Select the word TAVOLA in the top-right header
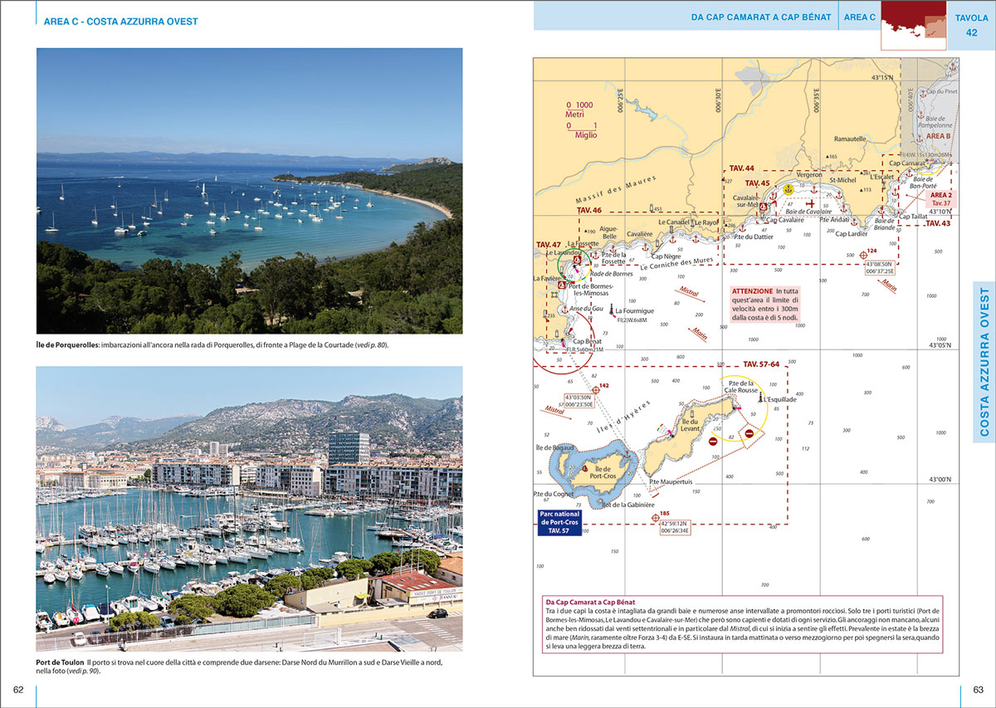[x=971, y=17]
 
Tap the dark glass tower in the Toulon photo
[x=349, y=448]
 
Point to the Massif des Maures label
[x=615, y=193]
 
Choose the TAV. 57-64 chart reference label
[x=761, y=364]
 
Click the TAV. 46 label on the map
[x=589, y=211]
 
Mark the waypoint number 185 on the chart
[x=665, y=513]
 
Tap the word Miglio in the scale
[x=579, y=135]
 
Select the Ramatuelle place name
[x=850, y=139]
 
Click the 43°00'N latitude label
[x=940, y=479]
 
